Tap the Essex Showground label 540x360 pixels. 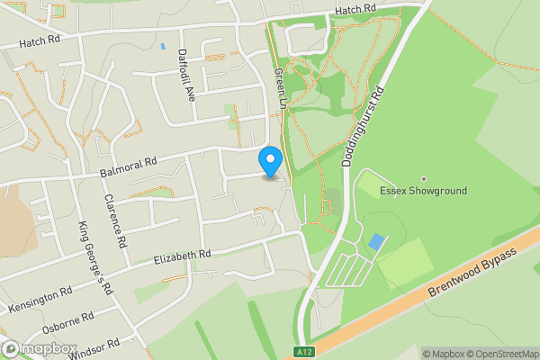click(424, 192)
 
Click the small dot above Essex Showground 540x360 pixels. click(424, 178)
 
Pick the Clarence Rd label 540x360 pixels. click(113, 221)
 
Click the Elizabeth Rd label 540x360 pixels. click(183, 256)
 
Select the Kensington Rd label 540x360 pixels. click(41, 300)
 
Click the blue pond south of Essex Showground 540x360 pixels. click(376, 241)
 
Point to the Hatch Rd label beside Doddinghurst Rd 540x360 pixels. click(355, 10)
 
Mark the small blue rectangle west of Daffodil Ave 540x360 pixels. click(163, 45)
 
